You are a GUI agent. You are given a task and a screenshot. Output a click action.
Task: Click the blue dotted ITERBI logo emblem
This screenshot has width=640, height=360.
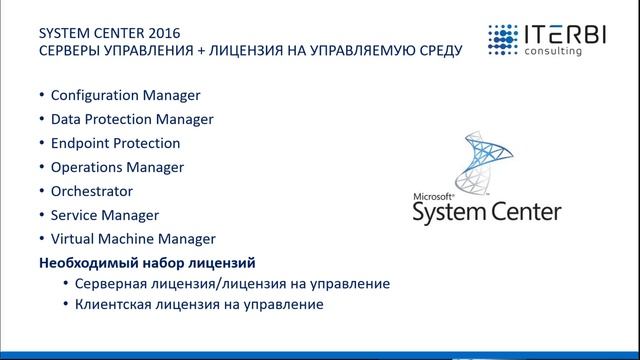tap(507, 39)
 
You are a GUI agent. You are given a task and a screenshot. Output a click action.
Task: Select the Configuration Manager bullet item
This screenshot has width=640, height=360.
tap(125, 96)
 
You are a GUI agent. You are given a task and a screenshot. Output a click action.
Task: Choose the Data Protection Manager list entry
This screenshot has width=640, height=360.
tap(132, 120)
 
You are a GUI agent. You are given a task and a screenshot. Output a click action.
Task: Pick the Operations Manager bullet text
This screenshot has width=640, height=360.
tap(117, 167)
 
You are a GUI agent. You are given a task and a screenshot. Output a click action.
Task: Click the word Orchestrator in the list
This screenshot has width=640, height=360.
tap(91, 191)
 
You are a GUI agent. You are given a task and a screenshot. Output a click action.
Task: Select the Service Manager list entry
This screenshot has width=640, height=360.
tap(105, 215)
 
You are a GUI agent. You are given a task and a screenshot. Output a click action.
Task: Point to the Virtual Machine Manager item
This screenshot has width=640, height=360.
tap(132, 239)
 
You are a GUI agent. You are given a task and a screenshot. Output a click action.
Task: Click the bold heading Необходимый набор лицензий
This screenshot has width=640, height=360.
tap(146, 263)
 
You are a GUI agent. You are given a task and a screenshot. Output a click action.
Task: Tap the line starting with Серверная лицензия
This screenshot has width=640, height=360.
tap(232, 284)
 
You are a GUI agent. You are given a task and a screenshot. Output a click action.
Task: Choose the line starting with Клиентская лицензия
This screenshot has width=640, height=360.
tap(199, 305)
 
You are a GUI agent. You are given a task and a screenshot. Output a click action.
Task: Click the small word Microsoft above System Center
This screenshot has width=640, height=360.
tap(433, 195)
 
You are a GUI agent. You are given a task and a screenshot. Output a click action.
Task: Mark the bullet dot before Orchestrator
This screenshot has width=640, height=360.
tap(40, 191)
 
